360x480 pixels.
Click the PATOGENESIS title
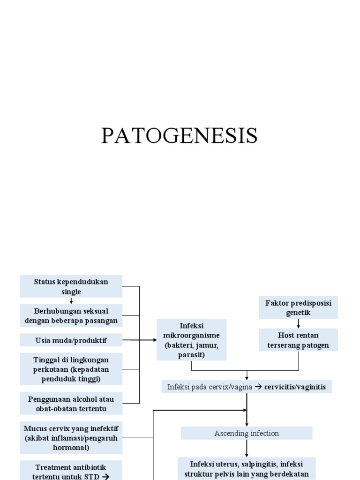click(180, 136)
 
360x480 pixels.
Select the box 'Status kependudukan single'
click(71, 286)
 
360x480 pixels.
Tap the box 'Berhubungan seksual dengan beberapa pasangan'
click(71, 316)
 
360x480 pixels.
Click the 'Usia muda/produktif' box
click(71, 340)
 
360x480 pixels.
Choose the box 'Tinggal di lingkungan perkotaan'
click(71, 369)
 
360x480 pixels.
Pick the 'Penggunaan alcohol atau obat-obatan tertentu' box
click(71, 404)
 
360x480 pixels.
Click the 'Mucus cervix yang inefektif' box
click(71, 437)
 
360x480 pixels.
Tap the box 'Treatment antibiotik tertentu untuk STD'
click(71, 471)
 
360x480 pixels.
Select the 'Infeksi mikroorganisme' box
click(192, 340)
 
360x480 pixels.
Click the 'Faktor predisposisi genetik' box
click(299, 307)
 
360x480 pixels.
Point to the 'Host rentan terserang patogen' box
click(299, 340)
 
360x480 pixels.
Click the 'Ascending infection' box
click(247, 433)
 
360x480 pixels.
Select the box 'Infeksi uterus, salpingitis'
click(247, 468)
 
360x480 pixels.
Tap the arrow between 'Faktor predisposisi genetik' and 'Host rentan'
click(299, 323)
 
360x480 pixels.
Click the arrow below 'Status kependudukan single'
click(71, 301)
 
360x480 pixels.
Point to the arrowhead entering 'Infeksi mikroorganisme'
click(154, 340)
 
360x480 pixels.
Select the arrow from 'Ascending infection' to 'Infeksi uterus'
click(247, 449)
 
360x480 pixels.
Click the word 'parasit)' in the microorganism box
click(191, 354)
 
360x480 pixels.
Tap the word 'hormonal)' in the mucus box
click(71, 447)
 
